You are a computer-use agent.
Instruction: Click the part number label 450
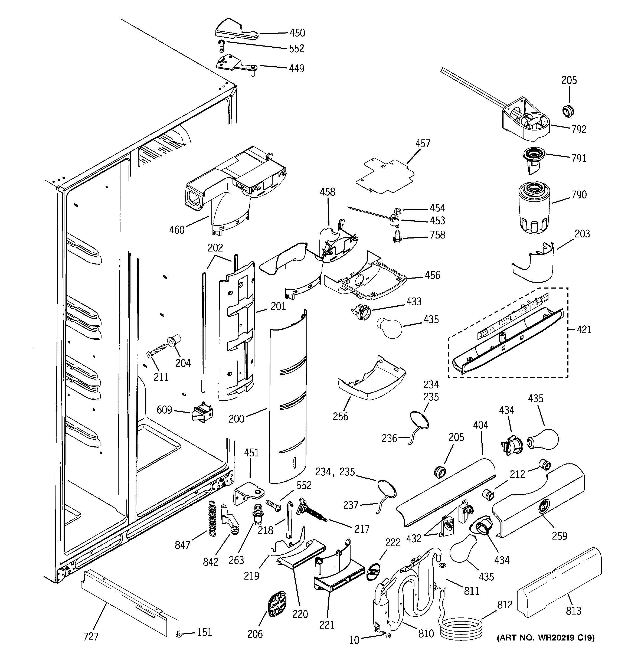point(297,33)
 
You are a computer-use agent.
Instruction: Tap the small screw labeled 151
point(179,634)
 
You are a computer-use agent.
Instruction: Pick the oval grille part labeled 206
point(277,604)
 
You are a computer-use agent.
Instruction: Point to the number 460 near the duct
point(177,230)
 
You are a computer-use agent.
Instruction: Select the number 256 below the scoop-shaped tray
point(340,416)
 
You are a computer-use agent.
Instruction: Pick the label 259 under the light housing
point(559,535)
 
